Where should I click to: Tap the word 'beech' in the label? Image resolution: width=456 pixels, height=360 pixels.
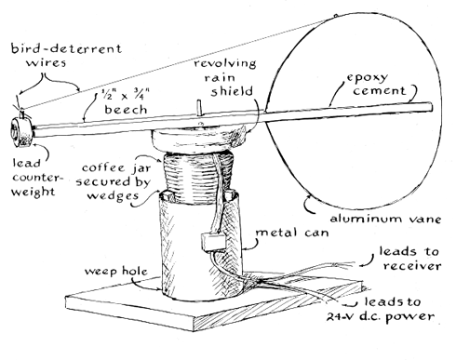tap(126, 110)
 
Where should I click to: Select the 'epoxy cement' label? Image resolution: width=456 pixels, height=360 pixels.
tap(375, 84)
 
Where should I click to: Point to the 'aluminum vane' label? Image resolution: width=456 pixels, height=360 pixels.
tap(385, 219)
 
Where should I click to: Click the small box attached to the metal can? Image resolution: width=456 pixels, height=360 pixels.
tap(212, 242)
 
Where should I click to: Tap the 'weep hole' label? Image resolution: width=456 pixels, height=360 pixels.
tap(116, 271)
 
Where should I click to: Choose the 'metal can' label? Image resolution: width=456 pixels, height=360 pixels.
tap(291, 233)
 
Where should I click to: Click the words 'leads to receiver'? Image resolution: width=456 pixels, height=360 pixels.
tap(409, 258)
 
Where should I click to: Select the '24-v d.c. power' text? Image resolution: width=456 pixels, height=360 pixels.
tap(380, 316)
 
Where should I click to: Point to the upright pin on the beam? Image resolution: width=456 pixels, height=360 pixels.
tap(200, 108)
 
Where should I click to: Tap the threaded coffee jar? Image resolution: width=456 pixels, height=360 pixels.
tap(198, 177)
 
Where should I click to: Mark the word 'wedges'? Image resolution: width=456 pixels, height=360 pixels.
tap(113, 195)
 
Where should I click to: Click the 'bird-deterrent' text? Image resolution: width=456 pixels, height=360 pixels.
tap(66, 48)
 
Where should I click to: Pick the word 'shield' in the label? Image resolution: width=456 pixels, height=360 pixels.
tap(232, 91)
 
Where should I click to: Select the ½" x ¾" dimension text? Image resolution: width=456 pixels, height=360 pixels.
tap(126, 95)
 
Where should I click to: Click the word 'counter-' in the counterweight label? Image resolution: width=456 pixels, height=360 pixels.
tap(37, 178)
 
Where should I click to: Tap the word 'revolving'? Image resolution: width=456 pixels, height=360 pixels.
tap(225, 63)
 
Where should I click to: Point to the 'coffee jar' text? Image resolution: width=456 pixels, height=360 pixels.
tap(116, 168)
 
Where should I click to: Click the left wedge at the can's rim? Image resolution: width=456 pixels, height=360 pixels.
tap(167, 196)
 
